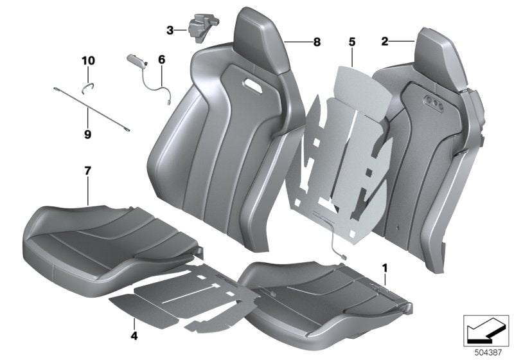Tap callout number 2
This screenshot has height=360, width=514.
click(385, 42)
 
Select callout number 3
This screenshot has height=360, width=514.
click(170, 30)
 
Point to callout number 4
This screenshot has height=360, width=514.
click(134, 335)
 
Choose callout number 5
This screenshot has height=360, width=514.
click(351, 42)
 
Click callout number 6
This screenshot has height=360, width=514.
click(161, 59)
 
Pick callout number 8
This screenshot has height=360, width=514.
click(316, 42)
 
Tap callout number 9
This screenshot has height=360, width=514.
click(87, 134)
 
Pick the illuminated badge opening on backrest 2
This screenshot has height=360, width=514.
click(435, 101)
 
